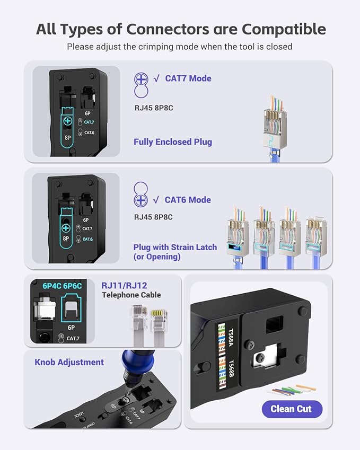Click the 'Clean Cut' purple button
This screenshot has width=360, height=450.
pyautogui.click(x=291, y=409)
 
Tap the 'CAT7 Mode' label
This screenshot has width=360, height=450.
pyautogui.click(x=188, y=78)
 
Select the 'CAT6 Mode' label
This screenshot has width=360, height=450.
pyautogui.click(x=188, y=200)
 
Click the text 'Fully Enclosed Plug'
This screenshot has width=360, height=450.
pyautogui.click(x=173, y=142)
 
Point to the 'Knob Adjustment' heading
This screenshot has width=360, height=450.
pyautogui.click(x=69, y=363)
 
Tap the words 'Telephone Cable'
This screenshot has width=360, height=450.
pyautogui.click(x=131, y=295)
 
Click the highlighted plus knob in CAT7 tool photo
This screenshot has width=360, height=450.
pyautogui.click(x=67, y=121)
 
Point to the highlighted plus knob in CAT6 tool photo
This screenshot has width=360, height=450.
pyautogui.click(x=66, y=229)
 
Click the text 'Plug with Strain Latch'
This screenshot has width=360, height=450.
pyautogui.click(x=175, y=247)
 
